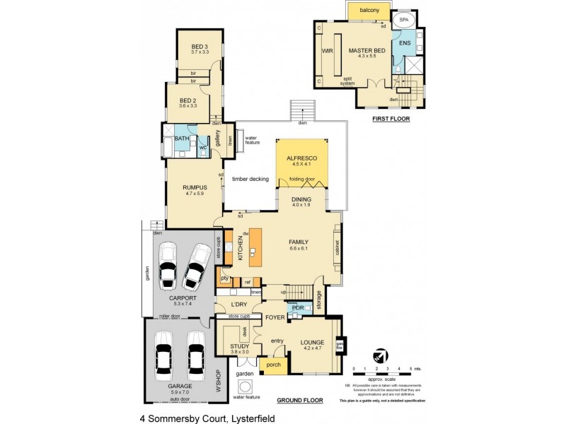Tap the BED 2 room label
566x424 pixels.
187,100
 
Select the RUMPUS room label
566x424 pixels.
195,187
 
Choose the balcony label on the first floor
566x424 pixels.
369,10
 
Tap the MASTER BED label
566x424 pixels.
366,51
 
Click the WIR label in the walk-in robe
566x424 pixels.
327,51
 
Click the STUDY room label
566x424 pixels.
240,346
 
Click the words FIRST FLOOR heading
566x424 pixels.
391,119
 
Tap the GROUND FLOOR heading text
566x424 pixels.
300,401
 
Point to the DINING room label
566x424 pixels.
301,200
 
